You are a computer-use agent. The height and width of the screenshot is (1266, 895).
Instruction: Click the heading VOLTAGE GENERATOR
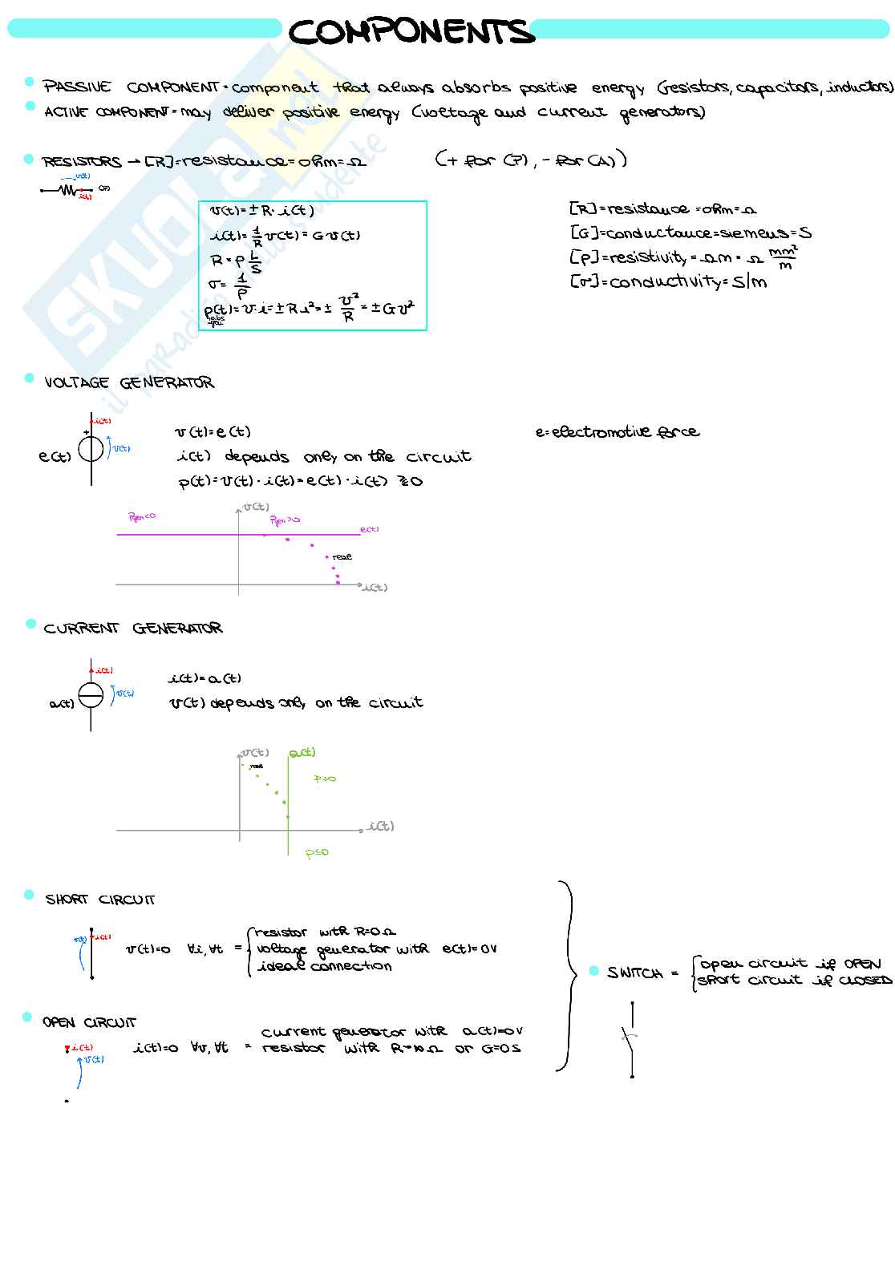pos(129,382)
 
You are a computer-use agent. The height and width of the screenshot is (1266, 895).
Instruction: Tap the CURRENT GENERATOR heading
pos(133,628)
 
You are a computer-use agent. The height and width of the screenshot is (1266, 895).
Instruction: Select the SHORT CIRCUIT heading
pos(100,900)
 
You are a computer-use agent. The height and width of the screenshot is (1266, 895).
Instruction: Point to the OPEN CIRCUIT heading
pos(89,1022)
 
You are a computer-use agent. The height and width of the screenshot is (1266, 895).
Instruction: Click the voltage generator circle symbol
pos(91,450)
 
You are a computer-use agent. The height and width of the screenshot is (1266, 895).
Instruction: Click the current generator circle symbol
pos(91,694)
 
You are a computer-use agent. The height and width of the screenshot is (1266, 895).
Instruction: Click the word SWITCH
pos(634,973)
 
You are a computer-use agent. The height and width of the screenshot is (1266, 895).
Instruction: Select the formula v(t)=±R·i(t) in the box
pos(261,212)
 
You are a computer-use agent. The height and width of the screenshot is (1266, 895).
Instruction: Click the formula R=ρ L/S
pos(236,260)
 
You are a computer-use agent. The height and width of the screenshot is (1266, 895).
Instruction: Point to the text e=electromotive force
pos(617,432)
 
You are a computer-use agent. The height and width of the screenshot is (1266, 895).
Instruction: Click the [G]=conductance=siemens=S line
pos(690,233)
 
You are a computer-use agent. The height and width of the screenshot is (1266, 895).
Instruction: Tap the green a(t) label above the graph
pos(302,752)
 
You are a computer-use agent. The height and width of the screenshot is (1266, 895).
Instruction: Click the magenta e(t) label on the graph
pos(369,529)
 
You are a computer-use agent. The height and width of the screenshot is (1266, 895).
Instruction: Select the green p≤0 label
pos(317,852)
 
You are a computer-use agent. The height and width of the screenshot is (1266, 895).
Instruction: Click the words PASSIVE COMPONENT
pos(132,87)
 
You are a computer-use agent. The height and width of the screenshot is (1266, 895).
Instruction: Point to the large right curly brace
pos(567,976)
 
